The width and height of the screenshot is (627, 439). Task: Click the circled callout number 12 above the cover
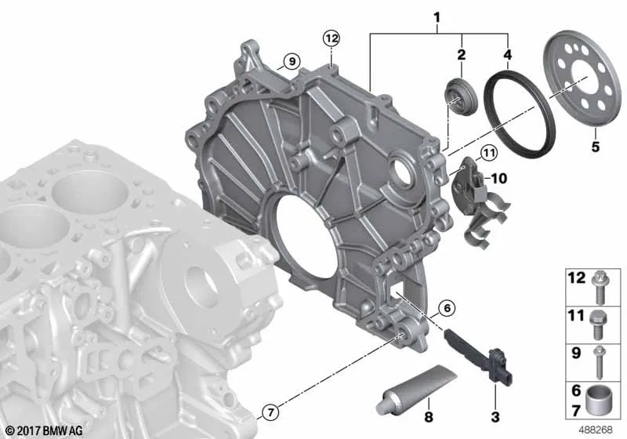pyautogui.click(x=332, y=38)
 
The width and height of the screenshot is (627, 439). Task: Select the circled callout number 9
pyautogui.click(x=292, y=61)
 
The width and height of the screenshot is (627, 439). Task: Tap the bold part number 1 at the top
pyautogui.click(x=437, y=17)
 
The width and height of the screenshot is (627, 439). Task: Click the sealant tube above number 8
pyautogui.click(x=416, y=388)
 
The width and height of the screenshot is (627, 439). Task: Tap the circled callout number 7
pyautogui.click(x=270, y=412)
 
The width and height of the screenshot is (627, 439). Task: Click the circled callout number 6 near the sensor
pyautogui.click(x=447, y=308)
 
